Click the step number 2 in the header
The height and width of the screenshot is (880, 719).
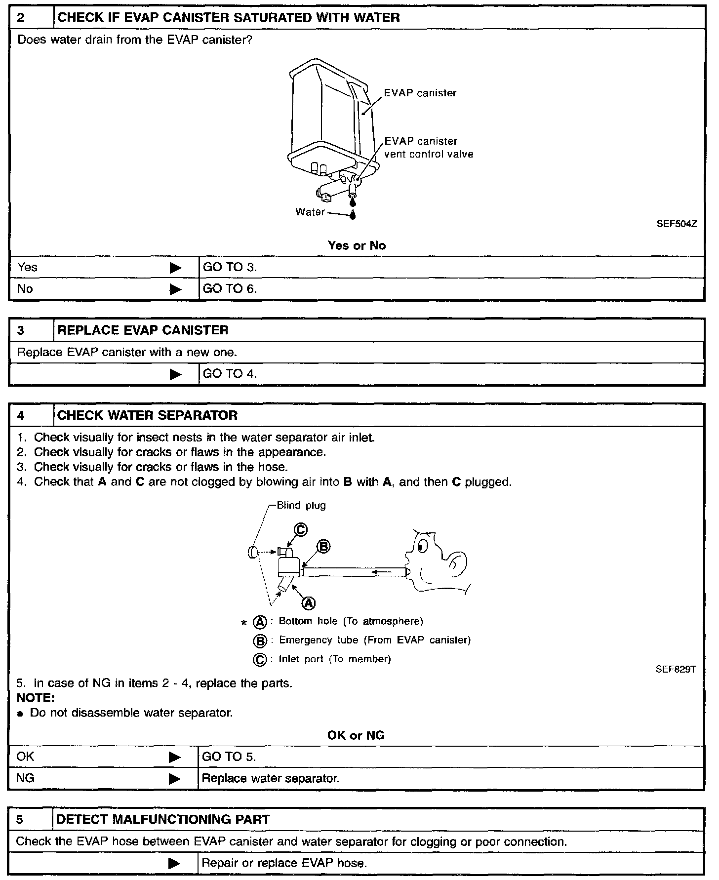click(x=21, y=18)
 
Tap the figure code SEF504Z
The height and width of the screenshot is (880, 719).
click(x=677, y=224)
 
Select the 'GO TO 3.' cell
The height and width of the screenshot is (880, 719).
click(x=230, y=267)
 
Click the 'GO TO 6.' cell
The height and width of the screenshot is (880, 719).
click(x=230, y=289)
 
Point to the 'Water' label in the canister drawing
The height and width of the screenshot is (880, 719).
click(x=310, y=212)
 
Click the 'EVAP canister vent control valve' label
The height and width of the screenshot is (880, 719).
click(x=428, y=148)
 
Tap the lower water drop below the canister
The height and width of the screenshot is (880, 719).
click(x=353, y=215)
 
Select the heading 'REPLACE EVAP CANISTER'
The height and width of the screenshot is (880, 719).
click(x=143, y=330)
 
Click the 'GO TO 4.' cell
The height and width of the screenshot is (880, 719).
click(x=230, y=374)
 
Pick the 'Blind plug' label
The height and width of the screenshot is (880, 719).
click(x=301, y=505)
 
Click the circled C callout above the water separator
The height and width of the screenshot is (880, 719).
click(x=301, y=530)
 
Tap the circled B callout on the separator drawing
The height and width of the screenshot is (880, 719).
click(x=323, y=546)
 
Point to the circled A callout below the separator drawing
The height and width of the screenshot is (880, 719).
click(x=309, y=602)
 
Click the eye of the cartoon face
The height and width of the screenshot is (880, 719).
click(x=421, y=547)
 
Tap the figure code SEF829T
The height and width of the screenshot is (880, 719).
click(x=676, y=670)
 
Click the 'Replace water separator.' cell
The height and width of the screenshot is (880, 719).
click(x=271, y=779)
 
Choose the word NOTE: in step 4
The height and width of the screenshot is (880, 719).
click(x=36, y=698)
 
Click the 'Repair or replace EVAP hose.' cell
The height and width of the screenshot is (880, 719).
click(x=284, y=863)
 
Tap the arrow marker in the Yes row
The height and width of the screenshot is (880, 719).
click(x=175, y=268)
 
